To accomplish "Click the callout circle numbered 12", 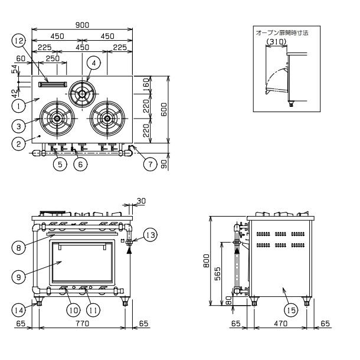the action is pyautogui.click(x=19, y=41).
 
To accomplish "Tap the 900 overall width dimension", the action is pyautogui.click(x=82, y=25).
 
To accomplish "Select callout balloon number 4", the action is pyautogui.click(x=94, y=63).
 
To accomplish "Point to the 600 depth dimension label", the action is pyautogui.click(x=163, y=109).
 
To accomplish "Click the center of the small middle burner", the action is pyautogui.click(x=82, y=94).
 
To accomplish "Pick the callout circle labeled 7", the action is pyautogui.click(x=150, y=164).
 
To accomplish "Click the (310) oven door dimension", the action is pyautogui.click(x=276, y=42).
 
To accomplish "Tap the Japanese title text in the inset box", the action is pyautogui.click(x=282, y=33).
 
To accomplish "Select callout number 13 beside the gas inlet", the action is pyautogui.click(x=150, y=235).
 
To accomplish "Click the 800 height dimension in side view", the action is pyautogui.click(x=207, y=261).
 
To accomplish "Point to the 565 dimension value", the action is pyautogui.click(x=217, y=273).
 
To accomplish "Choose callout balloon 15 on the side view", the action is pyautogui.click(x=291, y=310).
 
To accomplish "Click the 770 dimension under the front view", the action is pyautogui.click(x=82, y=323).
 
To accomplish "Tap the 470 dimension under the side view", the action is pyautogui.click(x=280, y=323).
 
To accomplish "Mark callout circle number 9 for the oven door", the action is pyautogui.click(x=19, y=277).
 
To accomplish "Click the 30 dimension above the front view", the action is pyautogui.click(x=141, y=201).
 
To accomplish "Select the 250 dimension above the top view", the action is pyautogui.click(x=53, y=58).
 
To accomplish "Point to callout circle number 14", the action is pyautogui.click(x=19, y=310).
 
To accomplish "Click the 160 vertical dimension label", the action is pyautogui.click(x=146, y=85).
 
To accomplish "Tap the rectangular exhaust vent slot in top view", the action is pyautogui.click(x=53, y=84).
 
